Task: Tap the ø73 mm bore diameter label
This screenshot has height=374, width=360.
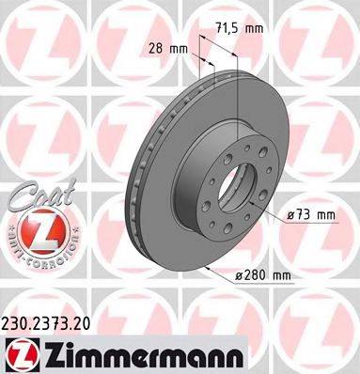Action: (x=310, y=214)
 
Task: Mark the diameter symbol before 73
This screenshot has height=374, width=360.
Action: (x=290, y=214)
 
